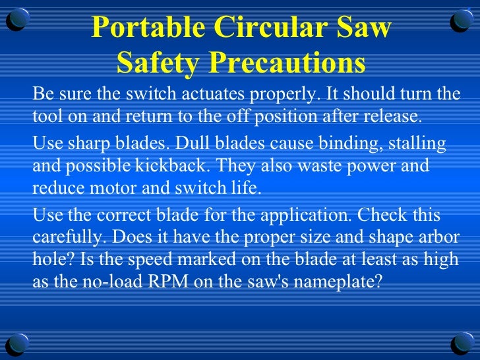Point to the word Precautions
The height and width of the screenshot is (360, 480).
284,63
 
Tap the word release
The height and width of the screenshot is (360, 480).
392,117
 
